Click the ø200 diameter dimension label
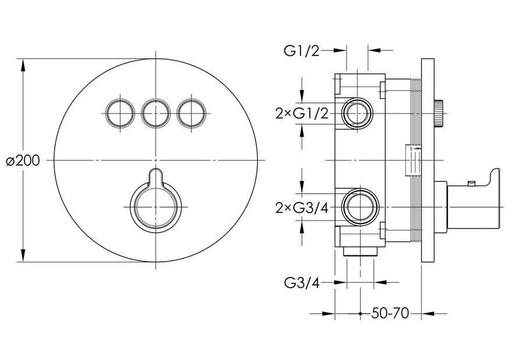(23, 161)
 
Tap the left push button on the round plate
(119, 113)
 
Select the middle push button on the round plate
(155, 113)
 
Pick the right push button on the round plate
(191, 113)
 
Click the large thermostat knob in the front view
(155, 207)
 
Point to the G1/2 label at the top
(302, 51)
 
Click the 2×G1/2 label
(302, 113)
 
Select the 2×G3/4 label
(302, 208)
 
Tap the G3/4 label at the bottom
(302, 283)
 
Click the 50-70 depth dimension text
(390, 313)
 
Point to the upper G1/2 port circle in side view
(357, 113)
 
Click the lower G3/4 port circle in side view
(361, 207)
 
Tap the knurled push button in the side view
(439, 113)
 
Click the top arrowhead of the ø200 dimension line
(23, 67)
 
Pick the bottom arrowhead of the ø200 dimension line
(23, 254)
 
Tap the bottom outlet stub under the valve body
(361, 252)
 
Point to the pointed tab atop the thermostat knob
(156, 176)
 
